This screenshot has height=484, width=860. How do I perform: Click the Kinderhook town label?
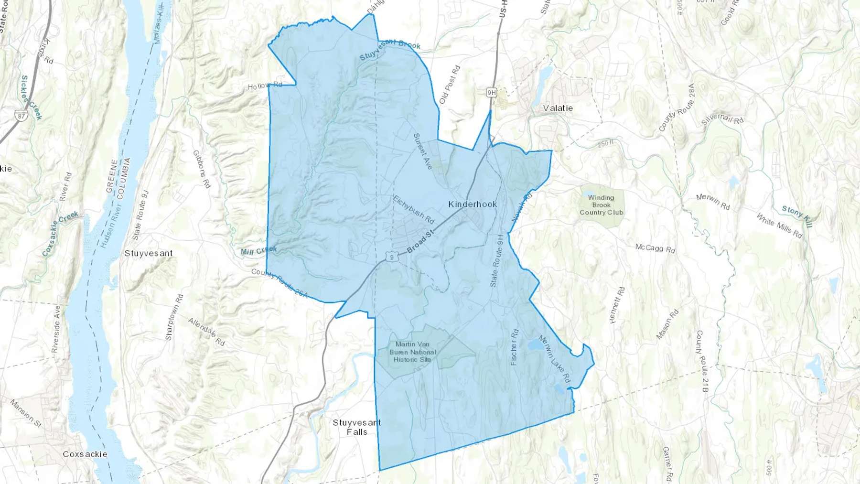[473, 204]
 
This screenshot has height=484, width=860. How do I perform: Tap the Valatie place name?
[558, 108]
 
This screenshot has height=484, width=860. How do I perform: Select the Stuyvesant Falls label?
[357, 427]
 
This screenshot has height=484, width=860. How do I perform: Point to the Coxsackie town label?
[85, 454]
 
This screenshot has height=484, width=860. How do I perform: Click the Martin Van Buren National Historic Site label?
[412, 352]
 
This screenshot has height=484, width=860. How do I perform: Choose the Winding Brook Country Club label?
[601, 205]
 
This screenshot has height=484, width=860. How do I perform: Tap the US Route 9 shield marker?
[392, 257]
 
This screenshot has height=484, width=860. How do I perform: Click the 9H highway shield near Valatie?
[491, 92]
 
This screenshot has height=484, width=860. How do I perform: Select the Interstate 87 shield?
[21, 116]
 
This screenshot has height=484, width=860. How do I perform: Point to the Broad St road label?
[420, 242]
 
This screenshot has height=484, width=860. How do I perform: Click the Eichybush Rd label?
[414, 209]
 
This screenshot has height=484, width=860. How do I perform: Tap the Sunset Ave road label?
[422, 151]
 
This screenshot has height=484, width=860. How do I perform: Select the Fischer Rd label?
[514, 347]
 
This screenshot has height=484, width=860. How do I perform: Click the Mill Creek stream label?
[258, 251]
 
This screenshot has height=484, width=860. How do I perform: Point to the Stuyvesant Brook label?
[389, 49]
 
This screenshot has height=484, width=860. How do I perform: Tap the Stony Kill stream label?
[796, 216]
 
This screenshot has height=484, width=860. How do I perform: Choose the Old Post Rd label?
[449, 85]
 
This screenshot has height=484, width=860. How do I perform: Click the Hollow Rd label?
[265, 86]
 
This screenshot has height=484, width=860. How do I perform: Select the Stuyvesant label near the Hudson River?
[149, 253]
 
